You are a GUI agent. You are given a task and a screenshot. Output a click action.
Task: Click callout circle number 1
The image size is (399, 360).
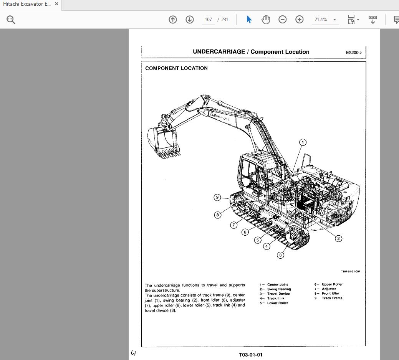click(x=303, y=142)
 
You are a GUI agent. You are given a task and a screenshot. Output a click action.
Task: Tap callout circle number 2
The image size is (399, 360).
click(x=338, y=238)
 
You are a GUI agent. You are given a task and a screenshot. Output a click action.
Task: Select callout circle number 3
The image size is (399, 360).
click(x=280, y=255)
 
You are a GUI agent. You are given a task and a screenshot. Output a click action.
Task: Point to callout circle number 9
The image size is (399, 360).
click(x=217, y=197)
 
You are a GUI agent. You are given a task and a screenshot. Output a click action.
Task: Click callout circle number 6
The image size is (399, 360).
click(x=245, y=232)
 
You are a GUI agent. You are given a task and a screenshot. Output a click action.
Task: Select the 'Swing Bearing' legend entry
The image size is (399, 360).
click(x=279, y=289)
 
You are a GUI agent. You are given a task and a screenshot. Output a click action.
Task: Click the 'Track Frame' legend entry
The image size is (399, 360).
click(x=332, y=298)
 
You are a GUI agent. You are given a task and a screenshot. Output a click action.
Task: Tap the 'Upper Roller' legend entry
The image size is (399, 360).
click(x=332, y=284)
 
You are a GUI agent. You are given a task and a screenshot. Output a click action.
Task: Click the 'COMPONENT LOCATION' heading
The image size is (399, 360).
click(x=176, y=68)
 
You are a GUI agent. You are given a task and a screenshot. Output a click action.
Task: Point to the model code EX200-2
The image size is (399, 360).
click(x=354, y=53)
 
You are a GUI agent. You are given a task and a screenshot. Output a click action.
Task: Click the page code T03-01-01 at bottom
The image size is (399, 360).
click(x=250, y=355)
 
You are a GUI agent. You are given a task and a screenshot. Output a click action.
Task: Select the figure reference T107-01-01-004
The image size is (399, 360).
click(x=350, y=271)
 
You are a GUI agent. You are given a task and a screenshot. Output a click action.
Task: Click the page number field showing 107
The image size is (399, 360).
click(x=208, y=20)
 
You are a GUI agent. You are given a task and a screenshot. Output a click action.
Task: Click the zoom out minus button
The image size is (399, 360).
click(x=282, y=20)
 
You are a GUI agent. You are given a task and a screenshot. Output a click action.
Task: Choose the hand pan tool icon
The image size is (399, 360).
click(x=265, y=20)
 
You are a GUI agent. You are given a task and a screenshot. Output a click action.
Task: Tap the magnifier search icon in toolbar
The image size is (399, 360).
click(x=11, y=20)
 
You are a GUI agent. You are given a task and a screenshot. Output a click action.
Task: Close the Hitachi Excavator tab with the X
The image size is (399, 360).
click(x=56, y=4)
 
